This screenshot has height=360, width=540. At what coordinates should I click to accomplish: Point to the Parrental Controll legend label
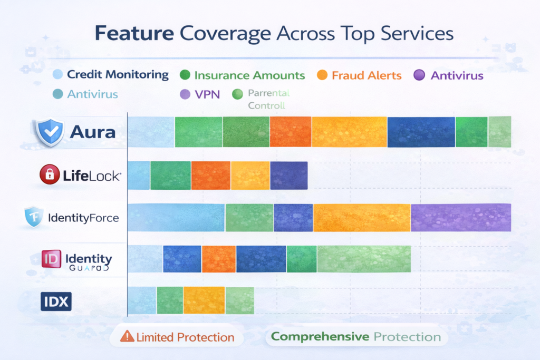pyautogui.click(x=269, y=99)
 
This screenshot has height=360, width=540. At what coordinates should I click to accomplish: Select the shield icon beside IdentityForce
pyautogui.click(x=34, y=217)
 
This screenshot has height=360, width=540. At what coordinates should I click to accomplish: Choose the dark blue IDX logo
pyautogui.click(x=56, y=302)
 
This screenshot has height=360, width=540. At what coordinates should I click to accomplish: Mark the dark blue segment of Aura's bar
pyautogui.click(x=421, y=132)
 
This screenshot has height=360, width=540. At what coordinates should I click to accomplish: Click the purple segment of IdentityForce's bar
pyautogui.click(x=460, y=217)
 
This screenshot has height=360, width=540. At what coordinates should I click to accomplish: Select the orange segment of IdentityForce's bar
pyautogui.click(x=362, y=217)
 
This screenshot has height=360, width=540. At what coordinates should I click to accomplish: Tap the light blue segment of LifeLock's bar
pyautogui.click(x=139, y=175)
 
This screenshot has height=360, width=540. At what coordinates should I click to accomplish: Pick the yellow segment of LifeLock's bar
pyautogui.click(x=250, y=175)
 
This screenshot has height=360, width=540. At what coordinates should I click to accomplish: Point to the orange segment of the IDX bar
pyautogui.click(x=204, y=300)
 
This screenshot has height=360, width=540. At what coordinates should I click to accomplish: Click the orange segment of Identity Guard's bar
pyautogui.click(x=218, y=259)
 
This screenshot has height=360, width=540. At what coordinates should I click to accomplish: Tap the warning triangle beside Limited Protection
pyautogui.click(x=127, y=337)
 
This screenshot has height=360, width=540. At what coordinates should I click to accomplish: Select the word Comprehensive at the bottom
pyautogui.click(x=320, y=337)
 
